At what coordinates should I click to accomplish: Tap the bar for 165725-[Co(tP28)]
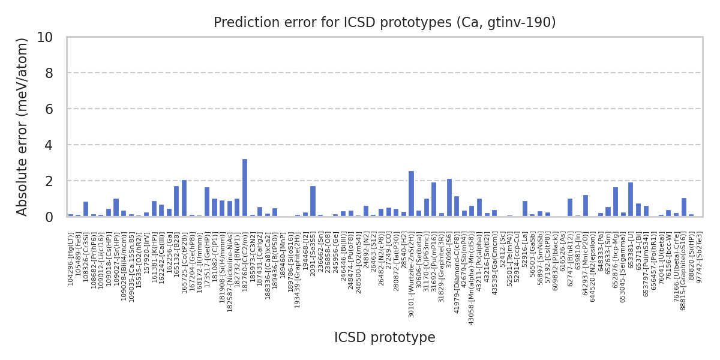(184, 198)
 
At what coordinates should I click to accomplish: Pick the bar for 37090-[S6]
(449, 197)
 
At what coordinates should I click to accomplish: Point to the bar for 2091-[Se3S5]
(313, 201)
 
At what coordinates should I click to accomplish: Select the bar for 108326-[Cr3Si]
(86, 209)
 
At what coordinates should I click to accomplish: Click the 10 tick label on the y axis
(44, 37)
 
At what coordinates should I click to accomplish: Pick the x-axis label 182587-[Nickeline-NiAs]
(230, 266)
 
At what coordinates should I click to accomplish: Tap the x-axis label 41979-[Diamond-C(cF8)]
(457, 267)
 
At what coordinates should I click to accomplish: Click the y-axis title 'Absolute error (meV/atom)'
(23, 127)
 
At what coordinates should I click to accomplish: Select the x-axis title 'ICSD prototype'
(385, 338)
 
